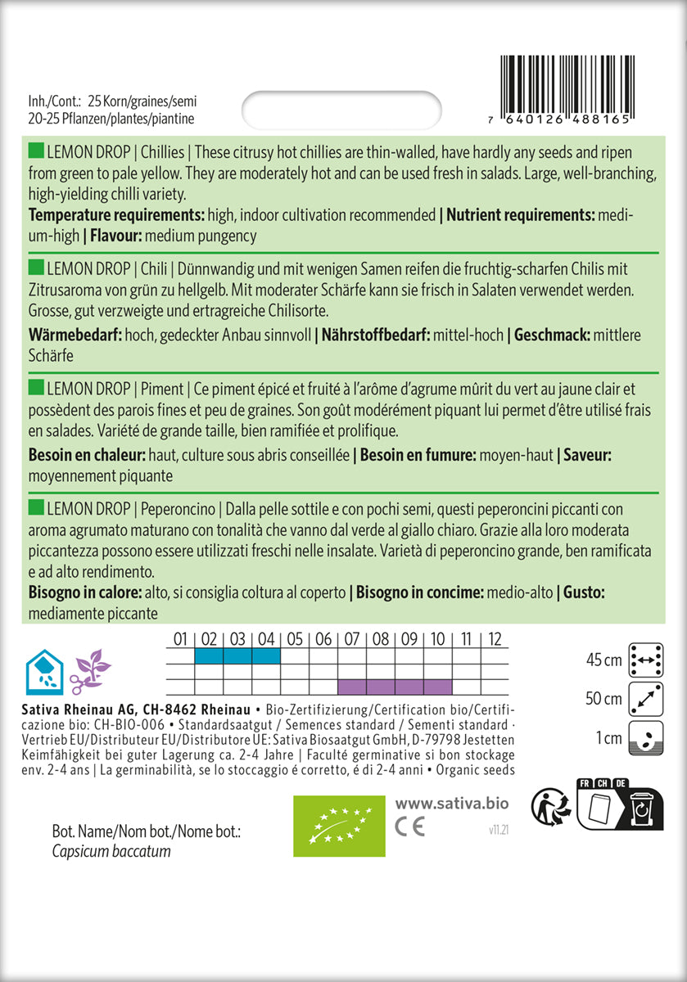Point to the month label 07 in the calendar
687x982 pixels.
coord(352,639)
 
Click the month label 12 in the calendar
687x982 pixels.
coord(494,639)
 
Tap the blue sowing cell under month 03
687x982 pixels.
coord(238,655)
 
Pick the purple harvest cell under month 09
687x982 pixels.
coord(409,686)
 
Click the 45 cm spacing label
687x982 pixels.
coord(603,660)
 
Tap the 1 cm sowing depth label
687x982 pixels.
coord(609,738)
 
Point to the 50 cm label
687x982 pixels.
coord(603,699)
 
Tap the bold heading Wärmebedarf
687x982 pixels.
coord(75,335)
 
